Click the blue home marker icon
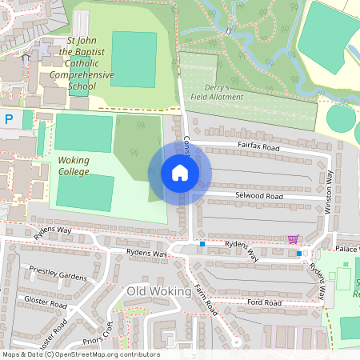tap(179, 172)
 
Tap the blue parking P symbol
tap(9, 119)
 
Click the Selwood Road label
tap(258, 195)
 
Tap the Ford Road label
tap(265, 302)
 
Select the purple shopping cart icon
tap(293, 238)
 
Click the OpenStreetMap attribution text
tap(81, 354)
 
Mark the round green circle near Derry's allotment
tap(342, 120)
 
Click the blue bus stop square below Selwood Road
tap(202, 243)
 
